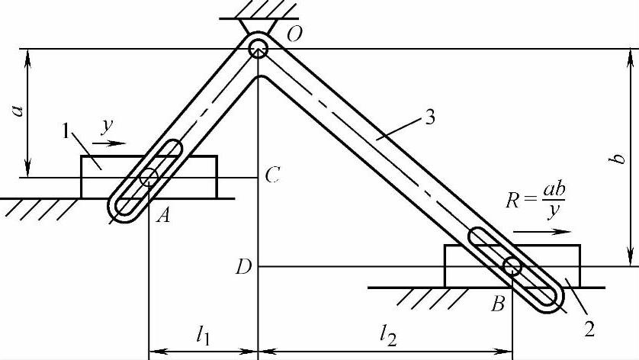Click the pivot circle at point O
(258, 48)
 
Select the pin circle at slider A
(148, 178)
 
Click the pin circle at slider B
(512, 266)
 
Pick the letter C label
(272, 176)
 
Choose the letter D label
(242, 266)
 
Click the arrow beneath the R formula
(541, 230)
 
